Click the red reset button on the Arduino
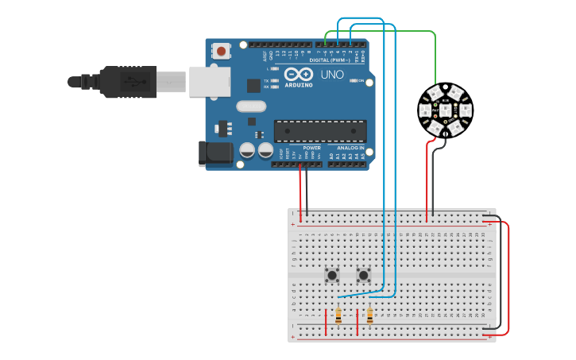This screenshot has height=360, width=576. click(222, 51)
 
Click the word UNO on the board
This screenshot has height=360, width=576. click(331, 75)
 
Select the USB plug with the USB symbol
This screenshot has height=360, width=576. click(132, 81)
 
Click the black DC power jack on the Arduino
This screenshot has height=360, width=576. click(215, 153)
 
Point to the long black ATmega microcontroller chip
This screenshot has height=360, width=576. click(320, 132)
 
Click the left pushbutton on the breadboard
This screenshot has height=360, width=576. click(333, 275)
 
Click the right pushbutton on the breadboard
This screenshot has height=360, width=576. click(364, 275)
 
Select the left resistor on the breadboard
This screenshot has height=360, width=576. click(339, 316)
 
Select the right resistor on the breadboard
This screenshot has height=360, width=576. click(370, 316)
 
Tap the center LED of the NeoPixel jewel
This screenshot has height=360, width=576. click(445, 110)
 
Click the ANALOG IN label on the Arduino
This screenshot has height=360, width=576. click(350, 148)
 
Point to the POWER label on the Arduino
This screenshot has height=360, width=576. click(311, 148)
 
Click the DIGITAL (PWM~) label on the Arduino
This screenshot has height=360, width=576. click(331, 60)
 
